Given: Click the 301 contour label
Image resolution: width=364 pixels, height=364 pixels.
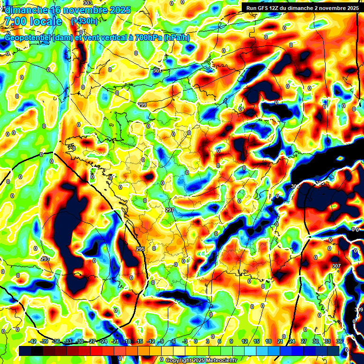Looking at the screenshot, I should click(157, 71).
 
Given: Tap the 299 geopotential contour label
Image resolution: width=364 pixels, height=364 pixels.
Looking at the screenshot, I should click(142, 105).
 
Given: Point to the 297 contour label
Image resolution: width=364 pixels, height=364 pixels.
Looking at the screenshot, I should click(170, 209).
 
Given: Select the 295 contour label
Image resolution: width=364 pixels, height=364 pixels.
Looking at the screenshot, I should click(140, 249).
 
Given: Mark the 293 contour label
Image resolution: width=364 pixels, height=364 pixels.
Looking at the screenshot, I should click(45, 259).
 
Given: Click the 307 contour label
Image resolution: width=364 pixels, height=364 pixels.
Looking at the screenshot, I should click(337, 266).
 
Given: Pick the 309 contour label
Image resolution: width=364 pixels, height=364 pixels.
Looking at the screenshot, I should click(359, 309).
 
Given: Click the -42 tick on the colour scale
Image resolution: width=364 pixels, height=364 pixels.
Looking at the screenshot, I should click(33, 341).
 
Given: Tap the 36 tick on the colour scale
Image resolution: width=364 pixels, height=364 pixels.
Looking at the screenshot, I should click(339, 341).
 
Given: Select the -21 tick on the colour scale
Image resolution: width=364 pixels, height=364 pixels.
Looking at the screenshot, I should click(115, 341).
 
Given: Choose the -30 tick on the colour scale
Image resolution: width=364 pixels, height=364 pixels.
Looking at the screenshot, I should click(80, 341).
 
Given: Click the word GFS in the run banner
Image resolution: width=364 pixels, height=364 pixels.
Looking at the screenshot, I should click(264, 8).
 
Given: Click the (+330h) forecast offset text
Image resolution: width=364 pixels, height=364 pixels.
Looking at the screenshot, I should click(84, 21).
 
